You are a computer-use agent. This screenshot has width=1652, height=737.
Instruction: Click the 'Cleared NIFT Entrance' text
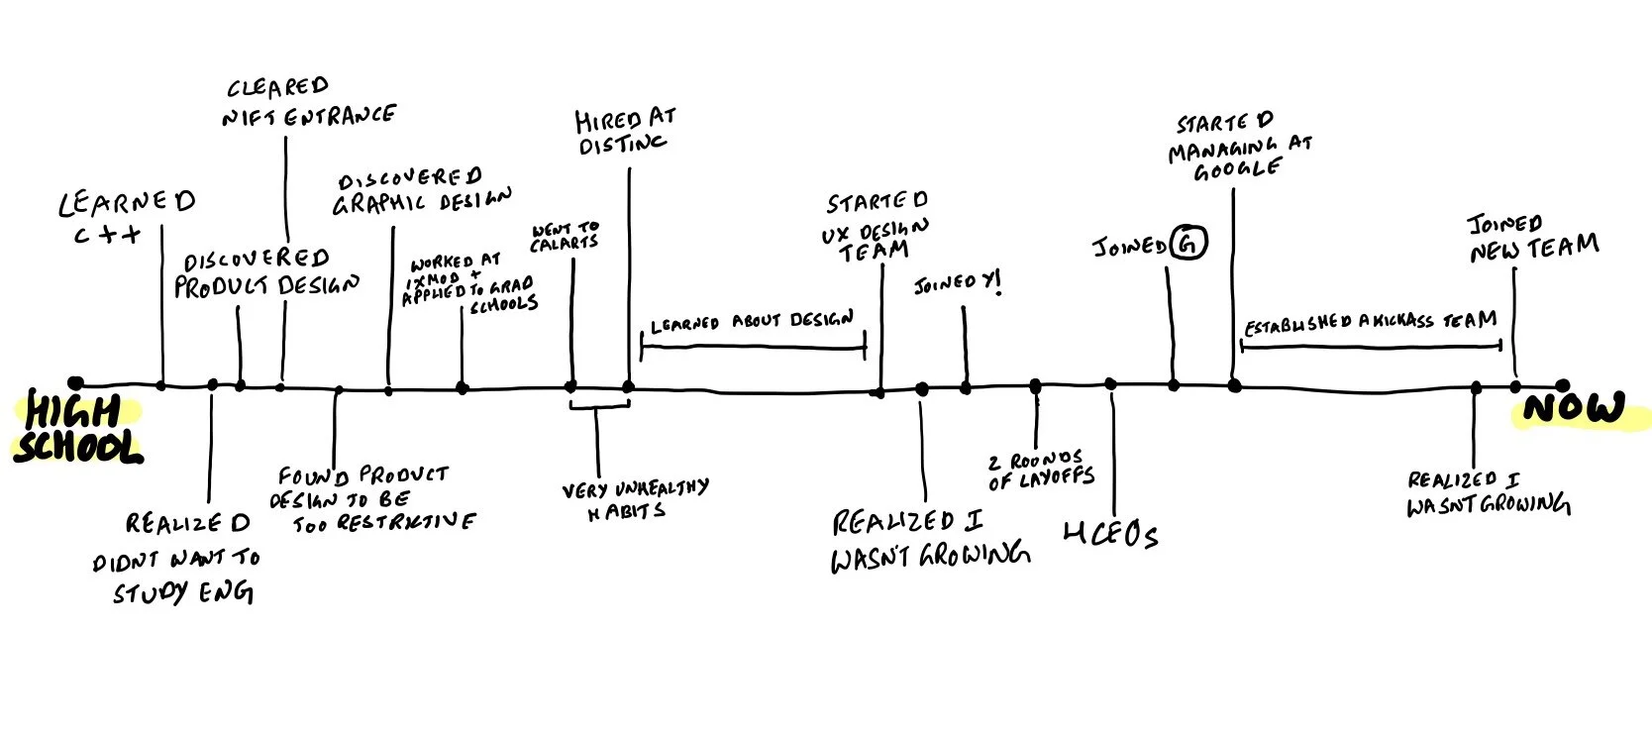(x=306, y=102)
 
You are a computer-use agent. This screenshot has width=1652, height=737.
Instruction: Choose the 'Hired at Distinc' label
(x=625, y=131)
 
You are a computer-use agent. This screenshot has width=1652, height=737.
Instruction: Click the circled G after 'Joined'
(x=1187, y=244)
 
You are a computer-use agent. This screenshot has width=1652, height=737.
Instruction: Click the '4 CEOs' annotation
(x=1109, y=536)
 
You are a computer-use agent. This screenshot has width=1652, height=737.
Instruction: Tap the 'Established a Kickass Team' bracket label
(x=1370, y=322)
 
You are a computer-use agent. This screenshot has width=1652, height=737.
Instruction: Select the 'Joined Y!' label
(x=957, y=287)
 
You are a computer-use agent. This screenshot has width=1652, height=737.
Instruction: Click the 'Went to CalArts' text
(x=567, y=235)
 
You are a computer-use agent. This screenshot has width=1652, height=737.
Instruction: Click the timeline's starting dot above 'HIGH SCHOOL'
(x=75, y=384)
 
